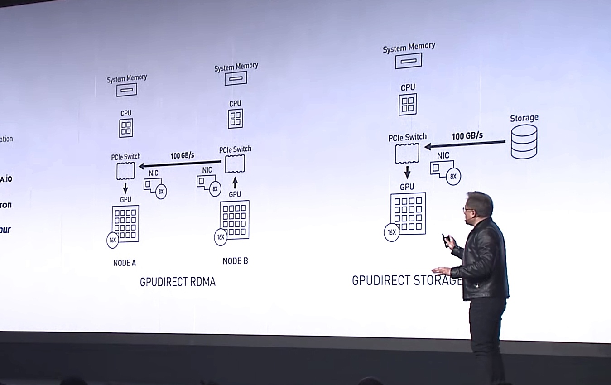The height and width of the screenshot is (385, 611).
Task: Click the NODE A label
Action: coord(125,263)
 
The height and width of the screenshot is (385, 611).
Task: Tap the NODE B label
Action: coord(235,261)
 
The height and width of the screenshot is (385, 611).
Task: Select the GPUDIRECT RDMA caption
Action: coord(178,282)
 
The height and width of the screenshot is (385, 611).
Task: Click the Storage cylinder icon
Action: coord(524,141)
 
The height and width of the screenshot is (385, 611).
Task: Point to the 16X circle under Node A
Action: coord(113,240)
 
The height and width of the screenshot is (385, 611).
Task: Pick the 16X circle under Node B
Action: coord(221,237)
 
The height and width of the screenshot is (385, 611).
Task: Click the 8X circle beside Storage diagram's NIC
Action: coord(453,177)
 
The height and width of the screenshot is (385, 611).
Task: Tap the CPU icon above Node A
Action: coord(126,128)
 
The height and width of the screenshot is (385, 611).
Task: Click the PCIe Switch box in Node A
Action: coord(125,170)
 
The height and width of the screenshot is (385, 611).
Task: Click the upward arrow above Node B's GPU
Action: coord(235,183)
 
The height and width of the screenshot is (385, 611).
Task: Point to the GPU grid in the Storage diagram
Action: coord(408,213)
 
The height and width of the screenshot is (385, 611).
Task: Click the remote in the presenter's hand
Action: coord(446,239)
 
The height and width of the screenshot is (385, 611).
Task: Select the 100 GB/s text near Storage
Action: coord(467,135)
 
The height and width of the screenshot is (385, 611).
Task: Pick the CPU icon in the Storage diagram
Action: coord(408,105)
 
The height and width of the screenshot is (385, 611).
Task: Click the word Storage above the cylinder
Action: coord(524,118)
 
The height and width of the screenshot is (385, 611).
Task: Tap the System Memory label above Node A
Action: coord(127,78)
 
